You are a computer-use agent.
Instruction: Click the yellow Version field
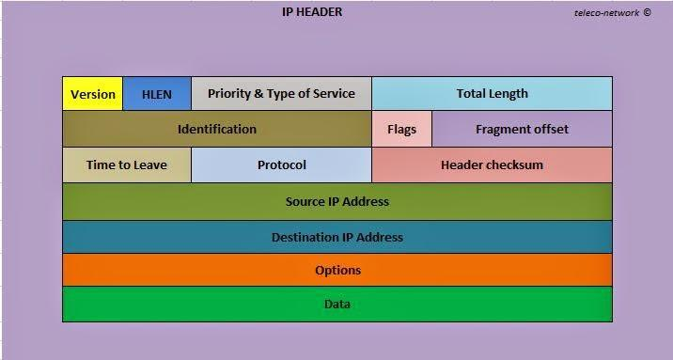93,94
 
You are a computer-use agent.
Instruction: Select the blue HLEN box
157,94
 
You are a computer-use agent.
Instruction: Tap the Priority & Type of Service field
281,94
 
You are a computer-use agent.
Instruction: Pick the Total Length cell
492,94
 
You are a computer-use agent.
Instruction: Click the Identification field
216,129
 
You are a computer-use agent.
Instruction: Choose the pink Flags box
401,129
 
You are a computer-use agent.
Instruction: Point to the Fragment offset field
522,129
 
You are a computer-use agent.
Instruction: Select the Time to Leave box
126,164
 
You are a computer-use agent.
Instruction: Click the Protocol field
281,164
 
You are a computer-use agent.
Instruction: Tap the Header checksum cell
492,164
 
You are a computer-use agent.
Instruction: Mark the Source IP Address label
336,201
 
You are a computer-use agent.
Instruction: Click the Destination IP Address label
336,237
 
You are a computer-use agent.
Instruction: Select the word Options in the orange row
337,271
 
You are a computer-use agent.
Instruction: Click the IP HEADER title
312,12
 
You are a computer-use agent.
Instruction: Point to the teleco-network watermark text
606,13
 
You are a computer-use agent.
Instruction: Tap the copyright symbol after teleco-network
647,13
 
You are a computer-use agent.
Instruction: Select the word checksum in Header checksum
514,164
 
